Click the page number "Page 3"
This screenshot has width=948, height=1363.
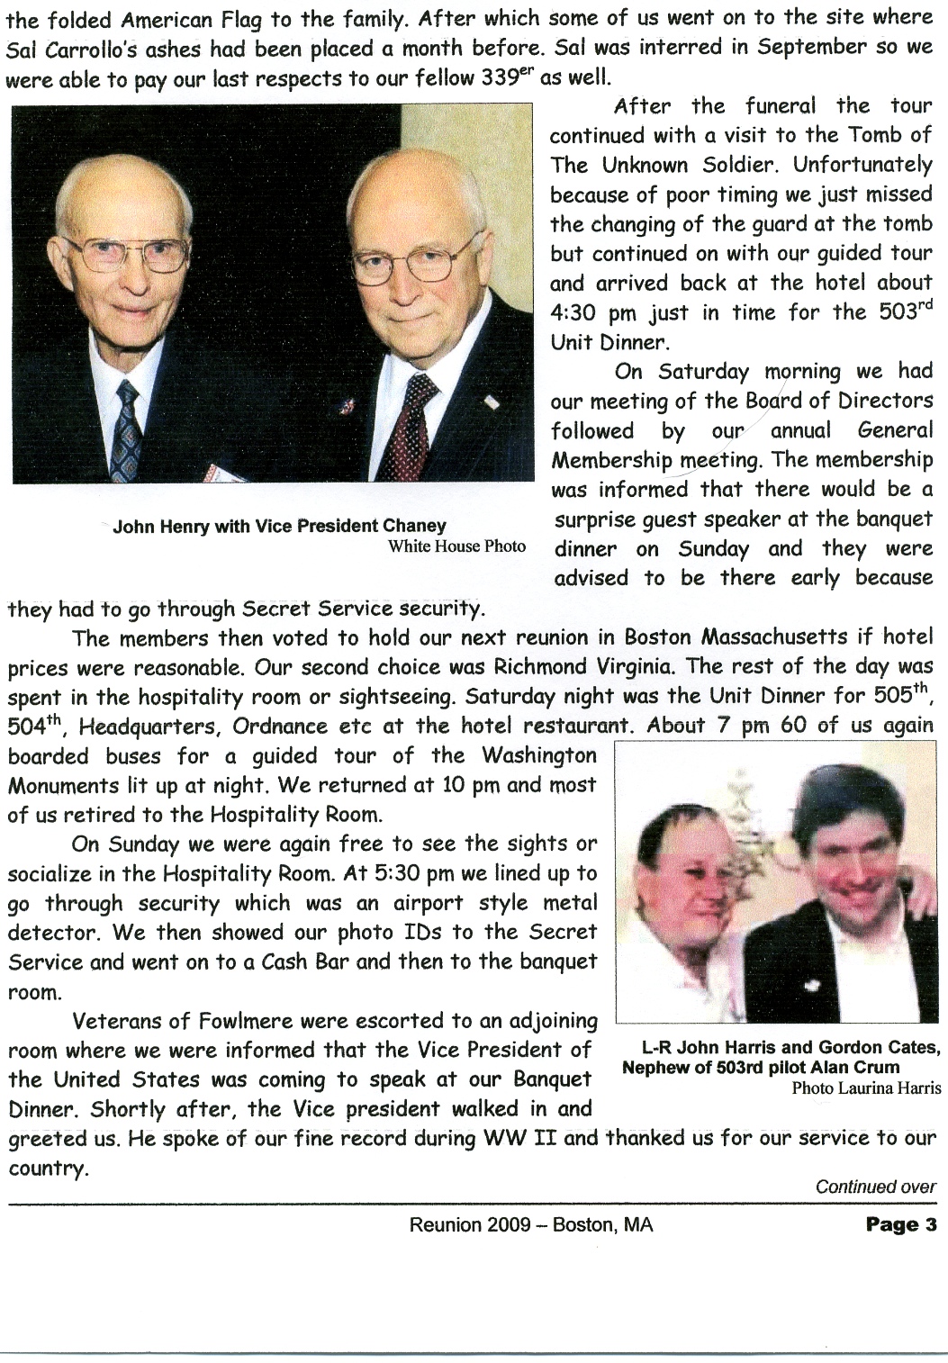pyautogui.click(x=901, y=1224)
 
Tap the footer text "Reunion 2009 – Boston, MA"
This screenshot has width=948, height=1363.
pyautogui.click(x=531, y=1225)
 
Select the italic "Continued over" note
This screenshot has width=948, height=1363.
pyautogui.click(x=875, y=1187)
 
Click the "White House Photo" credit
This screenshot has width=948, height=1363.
pyautogui.click(x=456, y=546)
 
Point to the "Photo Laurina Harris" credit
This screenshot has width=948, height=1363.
pyautogui.click(x=866, y=1088)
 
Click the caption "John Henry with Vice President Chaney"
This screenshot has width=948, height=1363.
pyautogui.click(x=279, y=526)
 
